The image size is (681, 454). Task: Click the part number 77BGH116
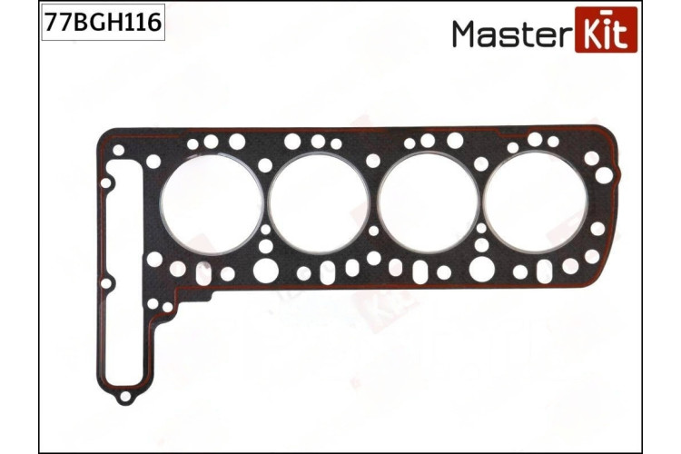[103, 22]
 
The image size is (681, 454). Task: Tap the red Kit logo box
[606, 30]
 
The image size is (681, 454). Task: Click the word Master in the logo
[510, 34]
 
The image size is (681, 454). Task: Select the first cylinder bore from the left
[212, 203]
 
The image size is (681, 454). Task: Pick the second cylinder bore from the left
[319, 203]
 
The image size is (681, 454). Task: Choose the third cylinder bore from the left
[429, 203]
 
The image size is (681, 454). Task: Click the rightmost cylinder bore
[536, 203]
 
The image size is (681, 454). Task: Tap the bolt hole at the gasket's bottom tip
[125, 396]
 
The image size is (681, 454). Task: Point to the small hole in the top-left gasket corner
[118, 151]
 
